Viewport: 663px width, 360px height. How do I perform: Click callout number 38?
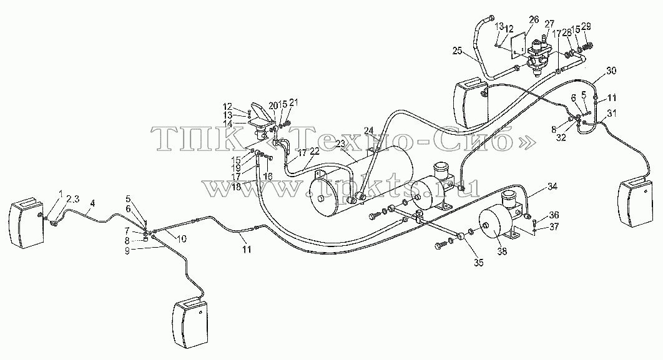coord(503,252)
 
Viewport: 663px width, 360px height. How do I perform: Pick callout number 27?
coord(549,23)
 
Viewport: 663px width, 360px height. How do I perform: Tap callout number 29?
coord(586,27)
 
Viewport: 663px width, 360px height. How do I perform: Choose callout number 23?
coord(340,144)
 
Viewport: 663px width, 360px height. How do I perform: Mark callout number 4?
coord(92,203)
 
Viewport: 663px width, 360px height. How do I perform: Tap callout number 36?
coord(554,215)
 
